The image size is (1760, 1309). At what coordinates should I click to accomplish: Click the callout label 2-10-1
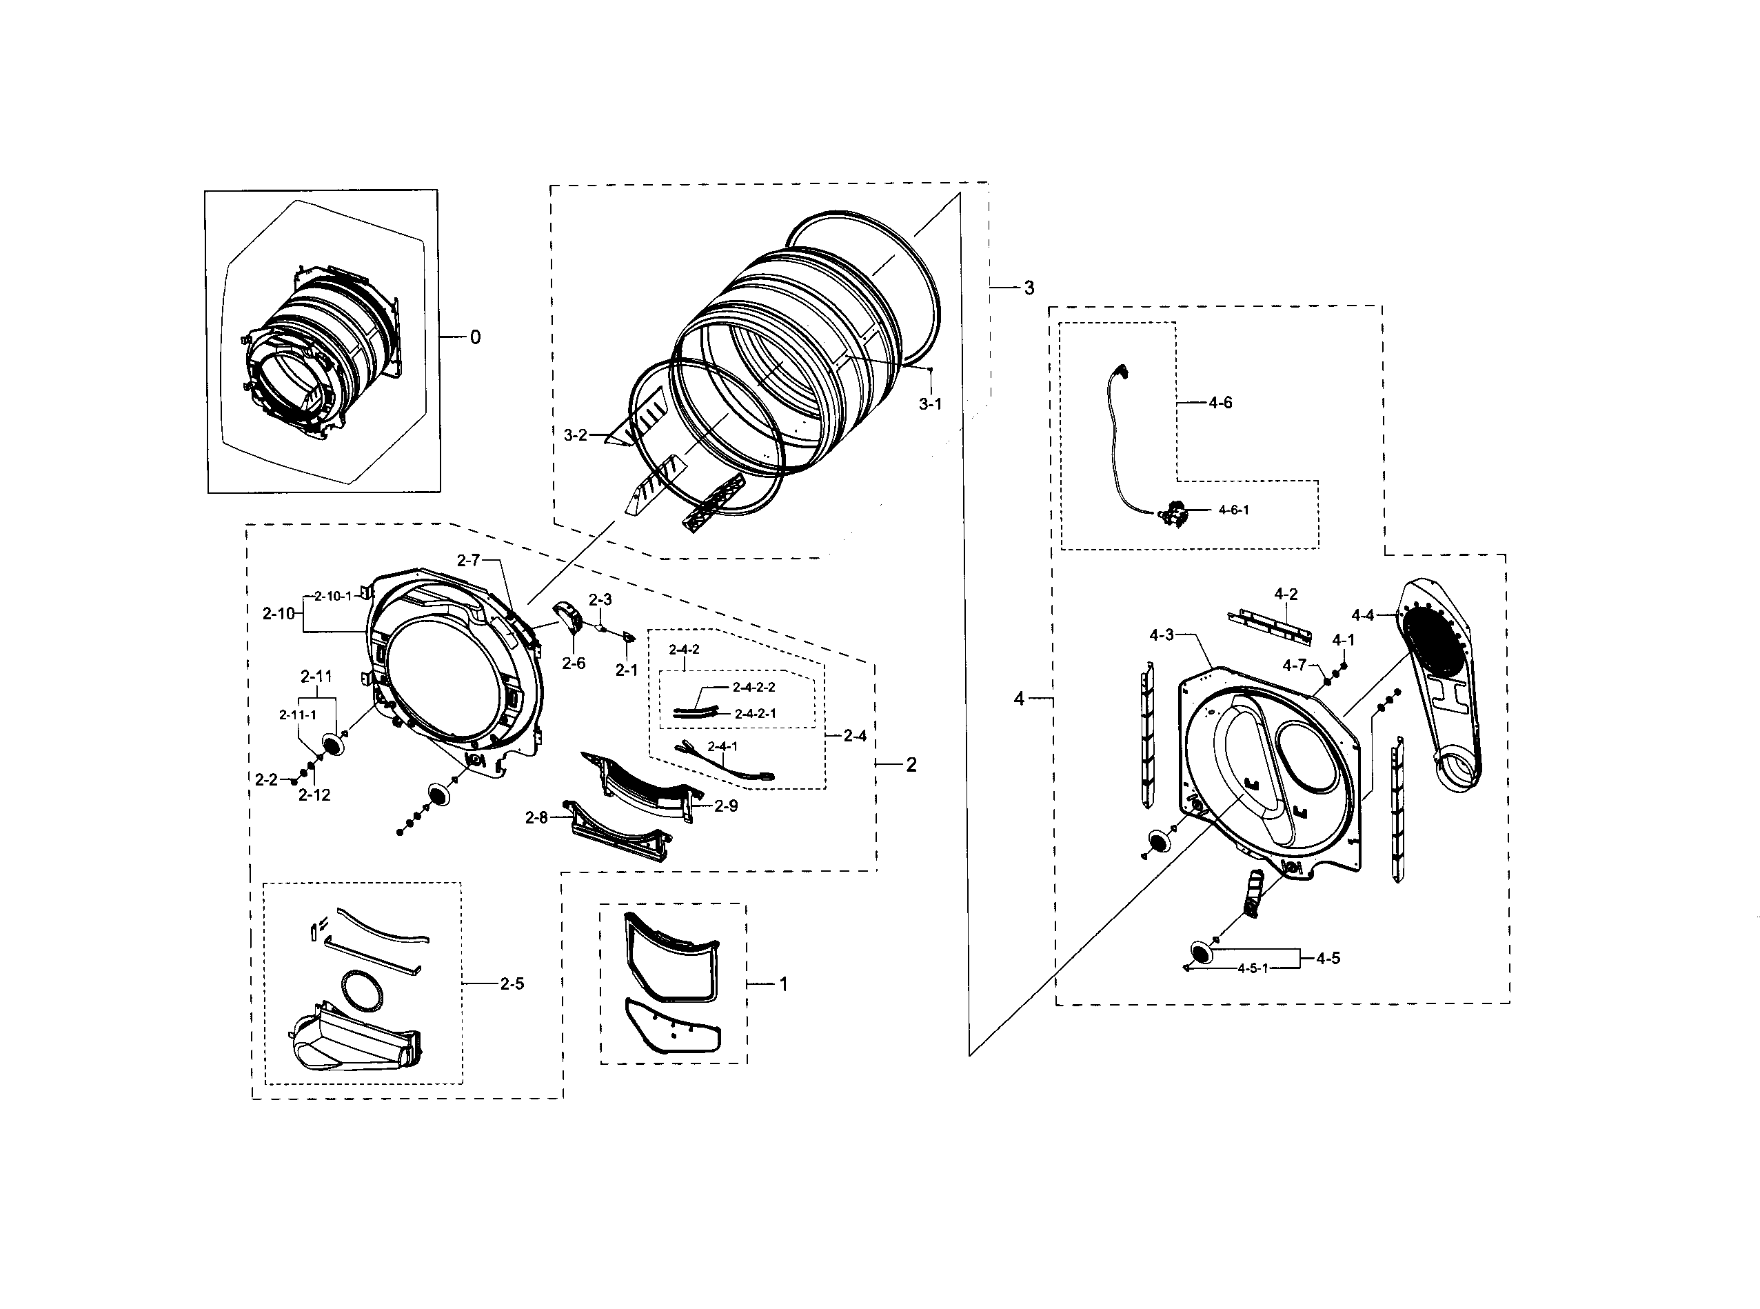tap(333, 596)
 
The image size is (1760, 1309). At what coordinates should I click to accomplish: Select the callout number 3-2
tap(575, 435)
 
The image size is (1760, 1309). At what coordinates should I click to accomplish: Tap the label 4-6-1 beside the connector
tap(1233, 510)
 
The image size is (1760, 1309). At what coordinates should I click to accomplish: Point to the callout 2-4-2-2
tap(753, 687)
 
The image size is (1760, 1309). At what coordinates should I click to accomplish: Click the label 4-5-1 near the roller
tap(1253, 968)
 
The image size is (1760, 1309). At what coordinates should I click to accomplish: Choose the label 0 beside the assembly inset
tap(475, 337)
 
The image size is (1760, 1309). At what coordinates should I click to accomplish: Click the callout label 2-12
tap(314, 795)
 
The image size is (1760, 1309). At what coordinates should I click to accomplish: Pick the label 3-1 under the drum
tap(930, 404)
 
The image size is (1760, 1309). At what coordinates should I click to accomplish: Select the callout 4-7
tap(1294, 665)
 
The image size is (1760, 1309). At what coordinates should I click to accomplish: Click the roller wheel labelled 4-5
tap(1202, 952)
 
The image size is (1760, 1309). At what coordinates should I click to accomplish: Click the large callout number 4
tap(1019, 699)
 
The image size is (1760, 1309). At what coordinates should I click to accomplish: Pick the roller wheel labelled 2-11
tap(334, 743)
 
